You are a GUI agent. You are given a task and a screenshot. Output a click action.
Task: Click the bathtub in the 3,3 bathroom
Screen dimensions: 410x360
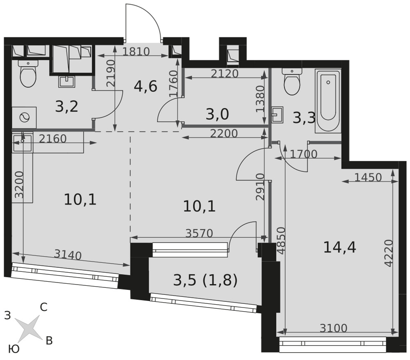328,101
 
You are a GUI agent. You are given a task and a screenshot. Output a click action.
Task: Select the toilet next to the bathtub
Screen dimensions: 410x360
292,81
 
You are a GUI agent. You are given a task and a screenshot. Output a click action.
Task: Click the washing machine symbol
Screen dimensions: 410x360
24,117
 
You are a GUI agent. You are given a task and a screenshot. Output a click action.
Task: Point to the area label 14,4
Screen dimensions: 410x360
339,247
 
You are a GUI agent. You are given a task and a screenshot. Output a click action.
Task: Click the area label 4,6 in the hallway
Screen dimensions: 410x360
146,87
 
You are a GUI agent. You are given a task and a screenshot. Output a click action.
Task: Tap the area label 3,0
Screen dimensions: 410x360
217,114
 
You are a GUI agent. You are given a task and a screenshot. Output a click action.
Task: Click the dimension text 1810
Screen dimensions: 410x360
136,52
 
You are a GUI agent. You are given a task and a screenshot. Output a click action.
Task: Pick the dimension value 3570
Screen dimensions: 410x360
199,233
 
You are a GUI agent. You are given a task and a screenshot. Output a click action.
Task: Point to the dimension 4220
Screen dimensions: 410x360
389,253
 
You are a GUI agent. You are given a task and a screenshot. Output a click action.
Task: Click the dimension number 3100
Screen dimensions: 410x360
333,328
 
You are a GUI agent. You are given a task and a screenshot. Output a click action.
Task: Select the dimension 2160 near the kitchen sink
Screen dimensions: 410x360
53,139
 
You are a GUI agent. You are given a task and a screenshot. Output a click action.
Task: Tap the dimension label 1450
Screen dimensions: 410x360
368,178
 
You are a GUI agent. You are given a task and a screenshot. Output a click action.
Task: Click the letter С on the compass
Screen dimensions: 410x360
43,307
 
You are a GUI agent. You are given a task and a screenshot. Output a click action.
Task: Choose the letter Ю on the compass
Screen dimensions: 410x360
14,349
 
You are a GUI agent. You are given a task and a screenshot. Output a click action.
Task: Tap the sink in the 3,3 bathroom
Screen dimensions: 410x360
278,114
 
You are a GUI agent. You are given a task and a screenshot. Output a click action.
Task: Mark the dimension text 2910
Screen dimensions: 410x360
260,187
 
